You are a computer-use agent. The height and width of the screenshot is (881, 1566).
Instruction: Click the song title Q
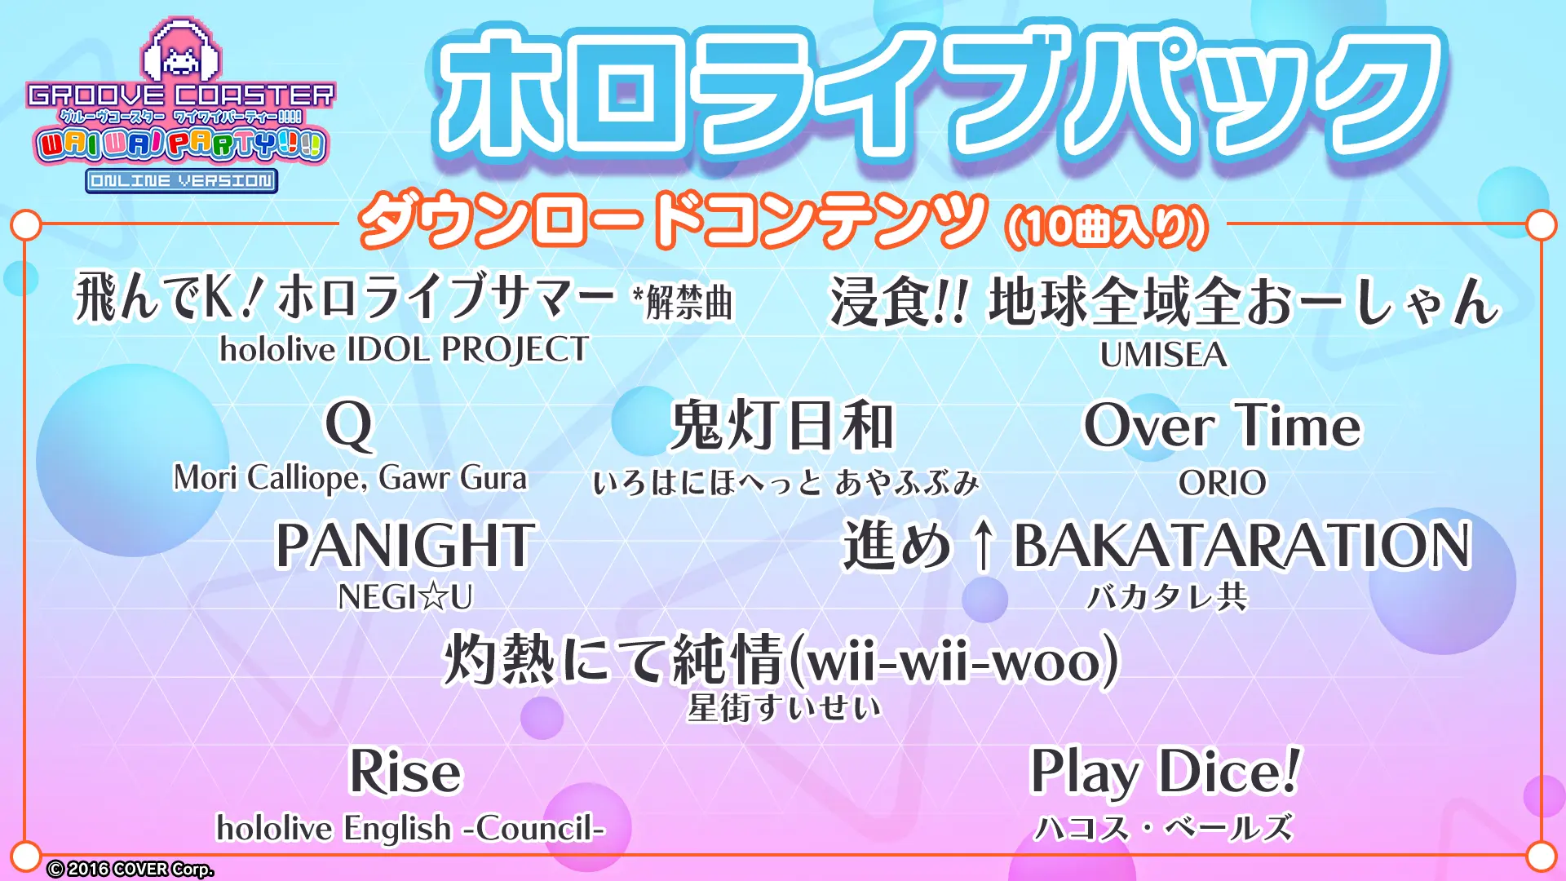(x=349, y=426)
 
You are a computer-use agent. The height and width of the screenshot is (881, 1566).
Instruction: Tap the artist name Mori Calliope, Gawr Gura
(x=350, y=478)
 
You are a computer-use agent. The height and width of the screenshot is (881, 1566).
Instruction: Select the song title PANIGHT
(x=405, y=545)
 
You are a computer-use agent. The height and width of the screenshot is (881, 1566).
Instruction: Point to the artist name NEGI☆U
(x=405, y=597)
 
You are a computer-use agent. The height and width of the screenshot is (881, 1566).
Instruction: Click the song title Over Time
(x=1223, y=425)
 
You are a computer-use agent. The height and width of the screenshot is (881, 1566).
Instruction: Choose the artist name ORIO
(x=1223, y=483)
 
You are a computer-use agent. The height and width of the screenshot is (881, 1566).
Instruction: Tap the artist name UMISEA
(x=1163, y=355)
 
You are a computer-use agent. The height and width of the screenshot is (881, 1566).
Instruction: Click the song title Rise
(x=405, y=771)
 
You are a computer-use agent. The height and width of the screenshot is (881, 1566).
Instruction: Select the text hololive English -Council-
(x=410, y=828)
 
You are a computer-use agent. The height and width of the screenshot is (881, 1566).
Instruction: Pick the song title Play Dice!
(x=1165, y=771)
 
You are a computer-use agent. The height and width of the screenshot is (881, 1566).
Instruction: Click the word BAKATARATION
(x=1242, y=545)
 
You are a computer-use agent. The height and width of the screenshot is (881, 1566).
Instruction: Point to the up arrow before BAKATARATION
(x=984, y=546)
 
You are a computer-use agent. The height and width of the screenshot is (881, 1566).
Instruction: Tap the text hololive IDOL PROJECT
(x=405, y=350)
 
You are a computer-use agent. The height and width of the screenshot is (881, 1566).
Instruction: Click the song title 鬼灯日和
(x=782, y=425)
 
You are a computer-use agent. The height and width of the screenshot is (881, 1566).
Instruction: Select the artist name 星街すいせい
(x=784, y=707)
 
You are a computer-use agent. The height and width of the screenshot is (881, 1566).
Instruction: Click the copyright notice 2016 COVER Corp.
(x=130, y=869)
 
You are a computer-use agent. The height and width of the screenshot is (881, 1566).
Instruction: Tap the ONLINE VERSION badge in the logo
(x=182, y=180)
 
